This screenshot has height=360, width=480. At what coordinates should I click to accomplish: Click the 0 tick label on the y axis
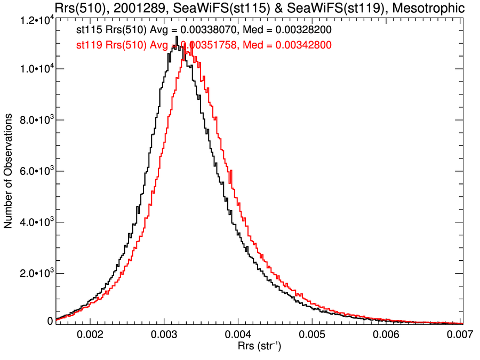(50, 321)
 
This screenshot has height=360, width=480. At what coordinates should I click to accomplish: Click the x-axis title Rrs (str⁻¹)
(259, 347)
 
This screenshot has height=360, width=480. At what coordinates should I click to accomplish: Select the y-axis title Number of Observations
(9, 171)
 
